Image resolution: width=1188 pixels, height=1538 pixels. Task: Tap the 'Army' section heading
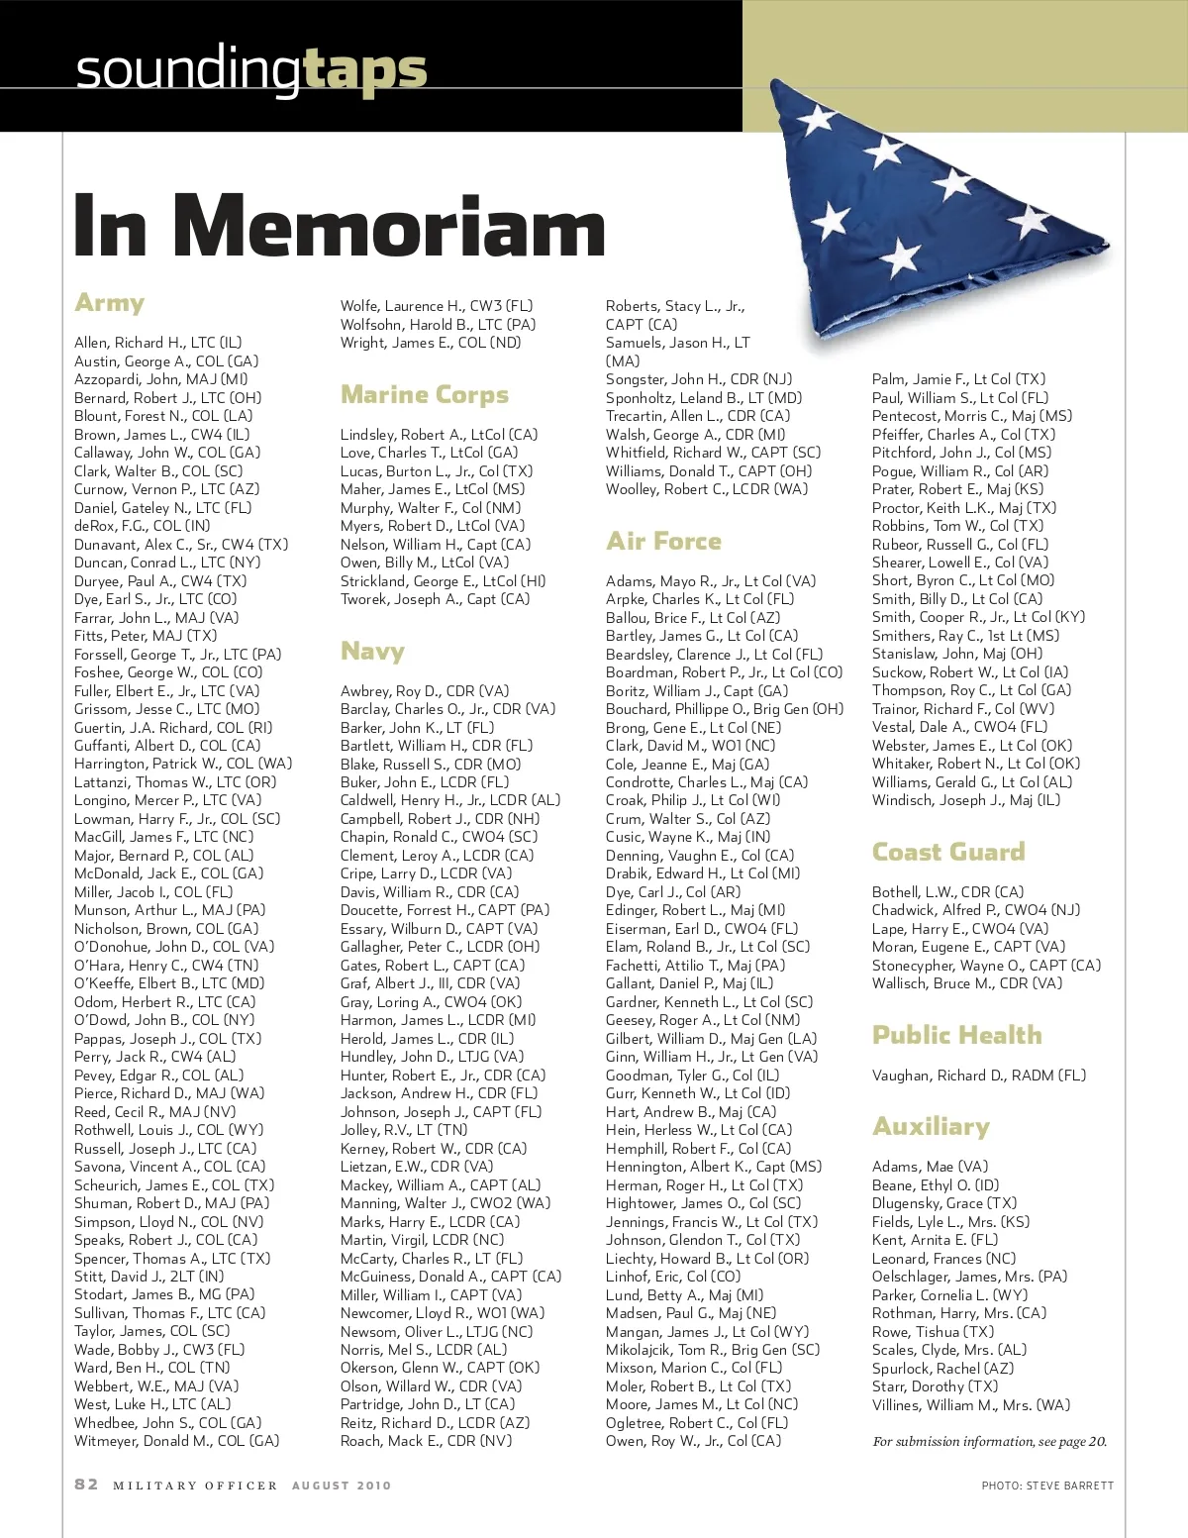(110, 303)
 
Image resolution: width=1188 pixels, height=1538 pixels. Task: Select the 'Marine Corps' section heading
(424, 395)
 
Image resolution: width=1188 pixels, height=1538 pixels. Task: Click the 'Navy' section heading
(372, 652)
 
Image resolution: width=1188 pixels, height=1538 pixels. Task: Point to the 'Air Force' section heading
(663, 542)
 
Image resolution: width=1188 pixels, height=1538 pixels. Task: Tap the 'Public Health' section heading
(956, 1036)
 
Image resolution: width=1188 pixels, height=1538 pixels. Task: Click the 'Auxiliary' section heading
(931, 1127)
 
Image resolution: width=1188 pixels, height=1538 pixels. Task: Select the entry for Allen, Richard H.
(157, 343)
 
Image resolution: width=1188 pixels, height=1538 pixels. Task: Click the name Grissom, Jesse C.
(166, 709)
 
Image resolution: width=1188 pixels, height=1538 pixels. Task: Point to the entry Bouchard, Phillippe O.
(725, 709)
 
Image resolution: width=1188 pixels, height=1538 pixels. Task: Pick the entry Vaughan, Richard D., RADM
(978, 1076)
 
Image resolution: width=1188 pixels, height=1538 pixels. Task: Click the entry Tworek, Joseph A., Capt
(435, 599)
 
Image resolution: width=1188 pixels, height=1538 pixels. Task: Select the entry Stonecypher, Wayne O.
(986, 966)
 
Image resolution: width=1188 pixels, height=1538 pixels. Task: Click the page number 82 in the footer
(86, 1485)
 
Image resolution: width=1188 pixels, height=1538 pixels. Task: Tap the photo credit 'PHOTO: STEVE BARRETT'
(1047, 1486)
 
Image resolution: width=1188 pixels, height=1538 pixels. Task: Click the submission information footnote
(989, 1442)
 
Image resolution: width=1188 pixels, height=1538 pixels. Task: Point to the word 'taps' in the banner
(364, 69)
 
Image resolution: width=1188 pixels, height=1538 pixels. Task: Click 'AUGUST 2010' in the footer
(342, 1486)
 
